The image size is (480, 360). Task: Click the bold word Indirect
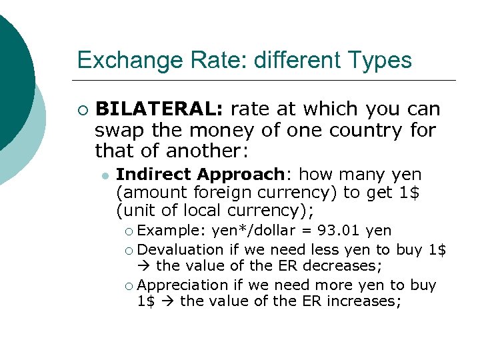pyautogui.click(x=155, y=175)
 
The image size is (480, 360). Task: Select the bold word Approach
pyautogui.click(x=241, y=175)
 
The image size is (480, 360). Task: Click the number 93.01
pyautogui.click(x=341, y=231)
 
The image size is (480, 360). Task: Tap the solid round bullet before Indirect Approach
pyautogui.click(x=105, y=175)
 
